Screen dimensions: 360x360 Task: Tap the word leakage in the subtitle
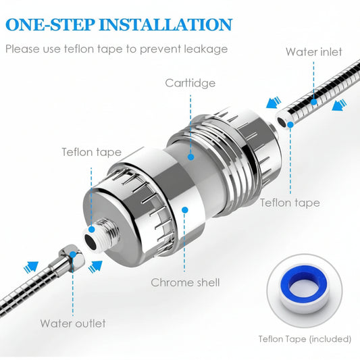coord(204,49)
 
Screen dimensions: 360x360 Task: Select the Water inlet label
coord(313,52)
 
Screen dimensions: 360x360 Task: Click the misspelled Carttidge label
coord(191,83)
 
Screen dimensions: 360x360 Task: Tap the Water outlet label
coord(73,323)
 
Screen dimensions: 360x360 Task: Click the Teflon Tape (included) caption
coord(305,338)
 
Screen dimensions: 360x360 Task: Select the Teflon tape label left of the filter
coord(91,152)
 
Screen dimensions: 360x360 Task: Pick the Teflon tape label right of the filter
coord(290,202)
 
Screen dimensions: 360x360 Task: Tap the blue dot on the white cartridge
coord(191,157)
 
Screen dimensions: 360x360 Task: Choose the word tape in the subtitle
coord(113,49)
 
